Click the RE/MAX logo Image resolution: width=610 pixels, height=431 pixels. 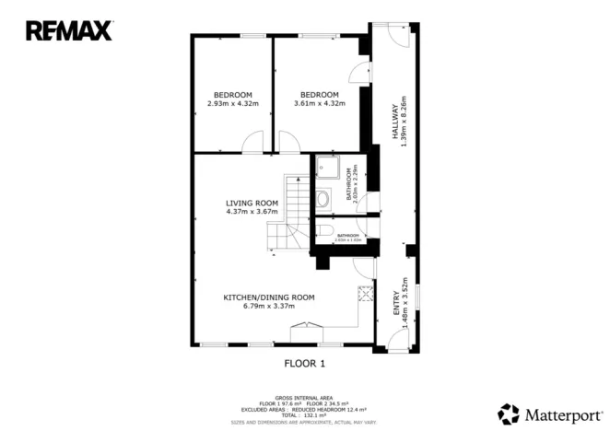69,30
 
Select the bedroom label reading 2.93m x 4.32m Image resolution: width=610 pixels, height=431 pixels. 233,99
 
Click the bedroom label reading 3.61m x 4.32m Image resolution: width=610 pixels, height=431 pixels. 319,99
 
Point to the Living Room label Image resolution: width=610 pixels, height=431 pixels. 252,207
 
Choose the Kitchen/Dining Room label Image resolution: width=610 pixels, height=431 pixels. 269,302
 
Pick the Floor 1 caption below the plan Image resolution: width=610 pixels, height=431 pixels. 305,364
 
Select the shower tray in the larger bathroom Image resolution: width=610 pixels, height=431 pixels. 326,168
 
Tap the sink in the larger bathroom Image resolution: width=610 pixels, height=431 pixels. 325,198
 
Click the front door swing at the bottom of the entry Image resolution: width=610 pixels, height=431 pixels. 397,340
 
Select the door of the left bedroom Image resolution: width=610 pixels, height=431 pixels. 252,143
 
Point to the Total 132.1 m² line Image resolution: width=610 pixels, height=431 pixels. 305,415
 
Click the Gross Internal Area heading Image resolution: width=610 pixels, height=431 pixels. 305,398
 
